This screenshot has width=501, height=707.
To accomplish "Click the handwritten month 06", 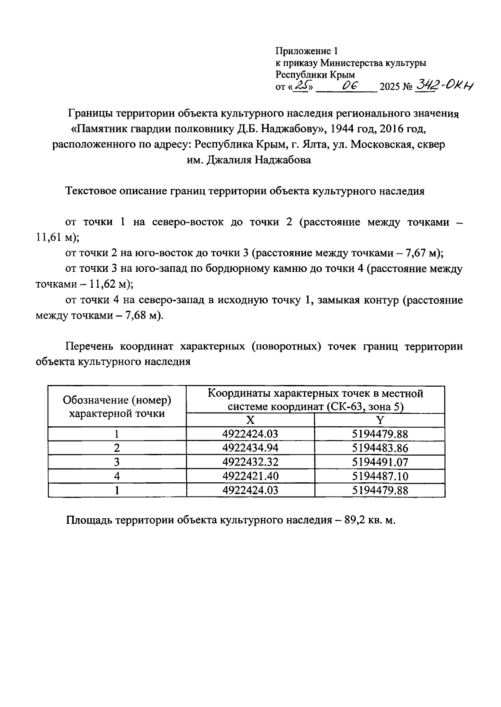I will [348, 86].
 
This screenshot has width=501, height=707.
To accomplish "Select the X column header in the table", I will [250, 421].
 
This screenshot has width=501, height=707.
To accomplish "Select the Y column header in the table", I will [380, 421].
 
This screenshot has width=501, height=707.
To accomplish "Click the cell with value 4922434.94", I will [250, 448].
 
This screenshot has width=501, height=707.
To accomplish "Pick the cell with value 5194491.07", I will [380, 462].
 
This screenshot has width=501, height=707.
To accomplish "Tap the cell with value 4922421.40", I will [250, 476].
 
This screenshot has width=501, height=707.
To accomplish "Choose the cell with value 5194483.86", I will [380, 448].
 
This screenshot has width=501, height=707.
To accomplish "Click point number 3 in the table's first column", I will [117, 462].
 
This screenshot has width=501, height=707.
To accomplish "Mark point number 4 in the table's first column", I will [117, 476].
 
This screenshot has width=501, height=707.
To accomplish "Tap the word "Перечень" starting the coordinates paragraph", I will [90, 347].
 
